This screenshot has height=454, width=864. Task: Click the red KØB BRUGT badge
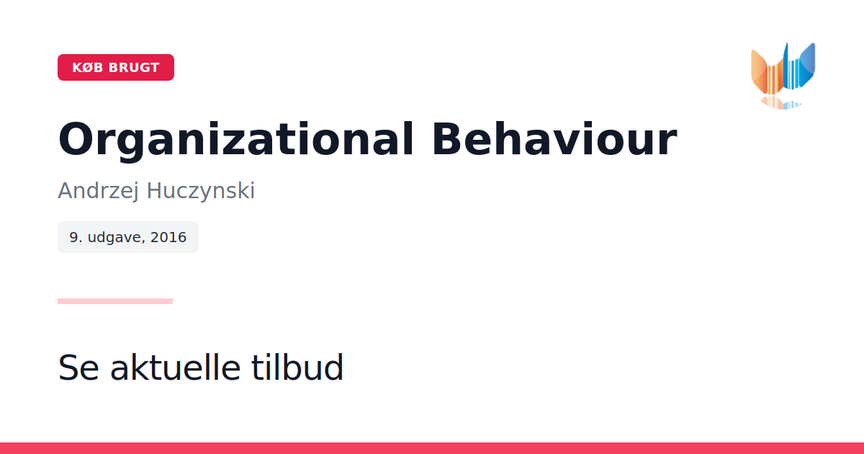116,68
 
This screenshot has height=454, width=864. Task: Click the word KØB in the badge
88,68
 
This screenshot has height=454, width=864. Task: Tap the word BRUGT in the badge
134,68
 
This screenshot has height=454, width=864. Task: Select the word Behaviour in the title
554,139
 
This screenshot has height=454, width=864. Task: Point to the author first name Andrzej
98,191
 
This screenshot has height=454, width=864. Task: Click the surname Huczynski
201,191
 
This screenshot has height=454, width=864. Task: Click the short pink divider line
115,301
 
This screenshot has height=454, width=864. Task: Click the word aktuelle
176,367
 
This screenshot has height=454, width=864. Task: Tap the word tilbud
297,367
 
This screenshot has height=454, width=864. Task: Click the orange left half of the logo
768,74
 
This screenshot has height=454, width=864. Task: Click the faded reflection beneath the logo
781,103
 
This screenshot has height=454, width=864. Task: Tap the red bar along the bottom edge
432,448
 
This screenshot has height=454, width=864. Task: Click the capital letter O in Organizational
77,139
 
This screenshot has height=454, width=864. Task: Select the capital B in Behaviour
446,139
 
